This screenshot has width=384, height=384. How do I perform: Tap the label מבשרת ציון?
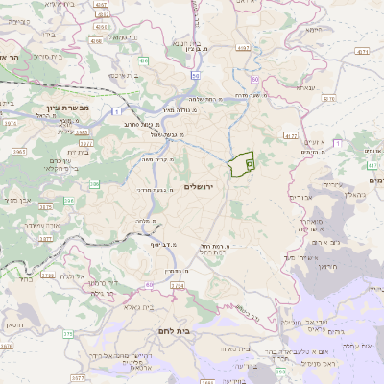[73, 108]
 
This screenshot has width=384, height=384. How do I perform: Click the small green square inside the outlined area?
[249, 165]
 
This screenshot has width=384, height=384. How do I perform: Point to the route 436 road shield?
[141, 60]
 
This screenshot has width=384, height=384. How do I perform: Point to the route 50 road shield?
[195, 74]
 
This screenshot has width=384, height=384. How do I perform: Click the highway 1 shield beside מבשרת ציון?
[114, 112]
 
